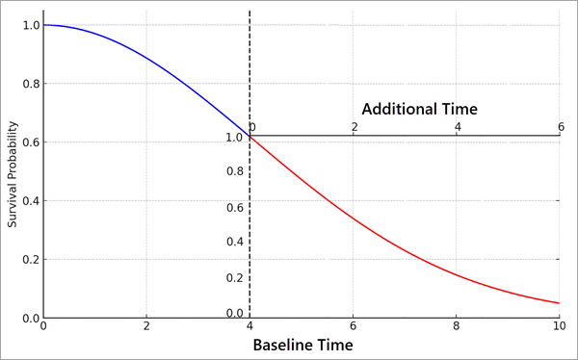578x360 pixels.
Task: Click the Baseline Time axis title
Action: point(302,345)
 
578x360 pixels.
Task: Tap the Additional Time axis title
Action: point(419,109)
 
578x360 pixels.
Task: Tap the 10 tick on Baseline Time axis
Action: point(560,325)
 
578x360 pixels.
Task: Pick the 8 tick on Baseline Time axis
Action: point(457,325)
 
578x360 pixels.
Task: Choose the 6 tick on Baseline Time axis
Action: point(354,325)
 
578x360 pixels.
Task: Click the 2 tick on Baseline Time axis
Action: point(146,325)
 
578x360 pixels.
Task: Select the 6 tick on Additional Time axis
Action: point(560,127)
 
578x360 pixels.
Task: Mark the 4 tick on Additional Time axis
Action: point(458,127)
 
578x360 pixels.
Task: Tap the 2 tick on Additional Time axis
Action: point(355,127)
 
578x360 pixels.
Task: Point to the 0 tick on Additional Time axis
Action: point(252,127)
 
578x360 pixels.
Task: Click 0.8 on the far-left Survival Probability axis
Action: point(30,84)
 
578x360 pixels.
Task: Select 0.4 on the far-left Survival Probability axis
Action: point(30,201)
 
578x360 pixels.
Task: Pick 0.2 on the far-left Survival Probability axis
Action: point(30,260)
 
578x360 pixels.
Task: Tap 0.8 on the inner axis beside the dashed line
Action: point(234,172)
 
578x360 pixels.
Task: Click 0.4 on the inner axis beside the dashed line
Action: point(234,243)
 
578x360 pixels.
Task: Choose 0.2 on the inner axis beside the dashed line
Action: point(234,278)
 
